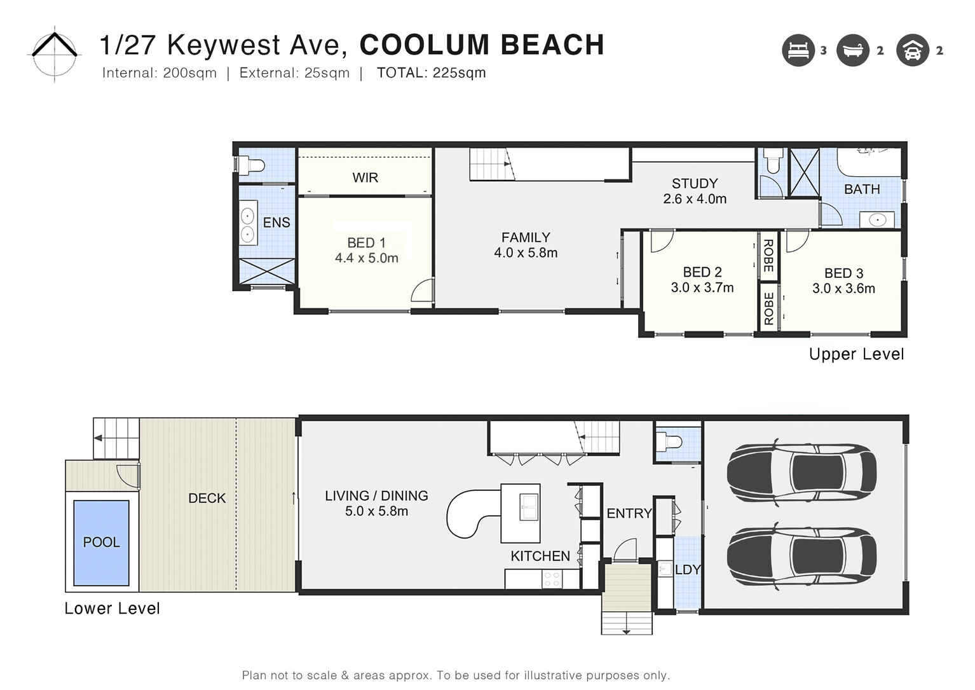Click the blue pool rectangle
(x=101, y=542)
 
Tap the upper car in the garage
(x=802, y=471)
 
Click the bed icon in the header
(x=798, y=50)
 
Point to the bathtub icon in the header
(x=852, y=50)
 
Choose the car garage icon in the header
(x=912, y=50)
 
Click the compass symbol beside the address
(x=55, y=52)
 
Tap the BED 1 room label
(x=366, y=243)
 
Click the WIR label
(x=365, y=178)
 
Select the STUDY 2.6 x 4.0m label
(x=695, y=191)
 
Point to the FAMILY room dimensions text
(x=526, y=253)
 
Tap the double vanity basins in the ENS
(x=247, y=225)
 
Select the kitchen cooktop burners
(x=552, y=579)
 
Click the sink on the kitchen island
(x=529, y=507)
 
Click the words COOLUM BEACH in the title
(x=481, y=45)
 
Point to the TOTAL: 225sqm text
(x=431, y=73)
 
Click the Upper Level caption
(x=856, y=354)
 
